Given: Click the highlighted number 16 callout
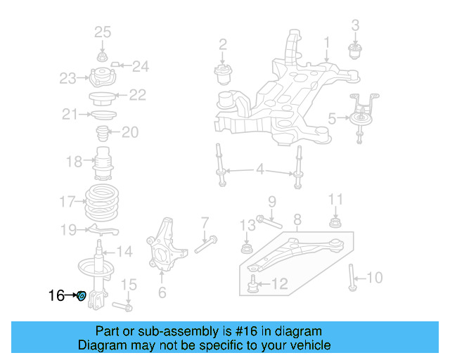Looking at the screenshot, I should tap(56, 295).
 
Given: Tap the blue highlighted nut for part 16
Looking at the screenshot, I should tap(81, 296).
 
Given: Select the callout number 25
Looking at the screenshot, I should tap(103, 32).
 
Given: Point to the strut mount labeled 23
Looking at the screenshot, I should tap(102, 77).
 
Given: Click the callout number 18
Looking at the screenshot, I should tap(74, 162).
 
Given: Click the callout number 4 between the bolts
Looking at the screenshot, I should tap(259, 169).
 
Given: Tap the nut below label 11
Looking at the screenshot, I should tap(335, 224).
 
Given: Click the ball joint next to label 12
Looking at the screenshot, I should tap(253, 283).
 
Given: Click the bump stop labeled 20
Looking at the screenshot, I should tap(101, 133).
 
